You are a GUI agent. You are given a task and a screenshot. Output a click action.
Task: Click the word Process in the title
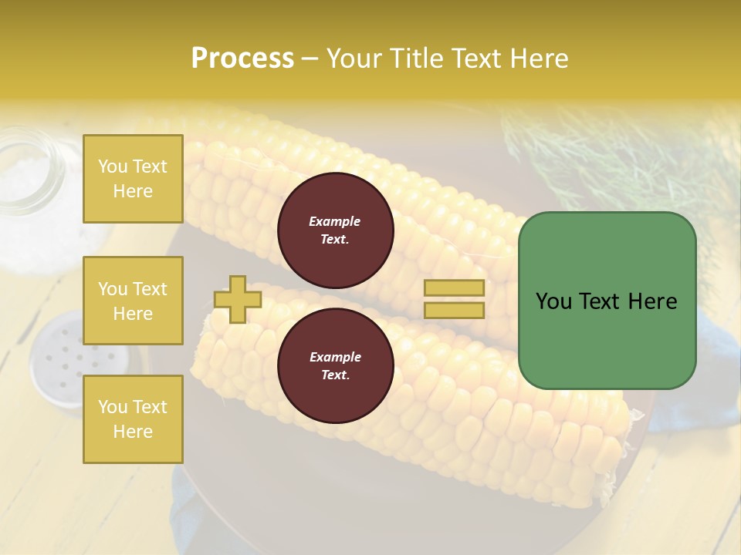click(x=242, y=59)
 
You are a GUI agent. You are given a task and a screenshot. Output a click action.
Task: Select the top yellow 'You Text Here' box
click(x=133, y=179)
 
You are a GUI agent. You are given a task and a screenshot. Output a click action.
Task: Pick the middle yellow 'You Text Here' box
click(x=133, y=301)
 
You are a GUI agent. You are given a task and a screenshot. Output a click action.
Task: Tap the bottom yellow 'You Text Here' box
click(x=133, y=419)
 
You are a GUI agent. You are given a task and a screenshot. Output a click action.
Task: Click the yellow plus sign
click(x=238, y=299)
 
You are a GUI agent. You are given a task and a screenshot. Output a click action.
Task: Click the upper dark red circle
click(x=335, y=230)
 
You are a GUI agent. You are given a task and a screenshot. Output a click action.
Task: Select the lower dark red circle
click(x=335, y=366)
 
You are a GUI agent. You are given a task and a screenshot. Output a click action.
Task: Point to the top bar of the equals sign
click(x=454, y=288)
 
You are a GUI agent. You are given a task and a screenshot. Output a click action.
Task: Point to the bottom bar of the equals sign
click(x=454, y=310)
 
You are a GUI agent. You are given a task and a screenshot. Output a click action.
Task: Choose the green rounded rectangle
click(x=607, y=339)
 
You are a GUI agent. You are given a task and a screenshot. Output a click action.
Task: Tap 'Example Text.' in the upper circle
click(x=335, y=230)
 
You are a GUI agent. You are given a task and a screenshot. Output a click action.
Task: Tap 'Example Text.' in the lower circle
click(x=335, y=366)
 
